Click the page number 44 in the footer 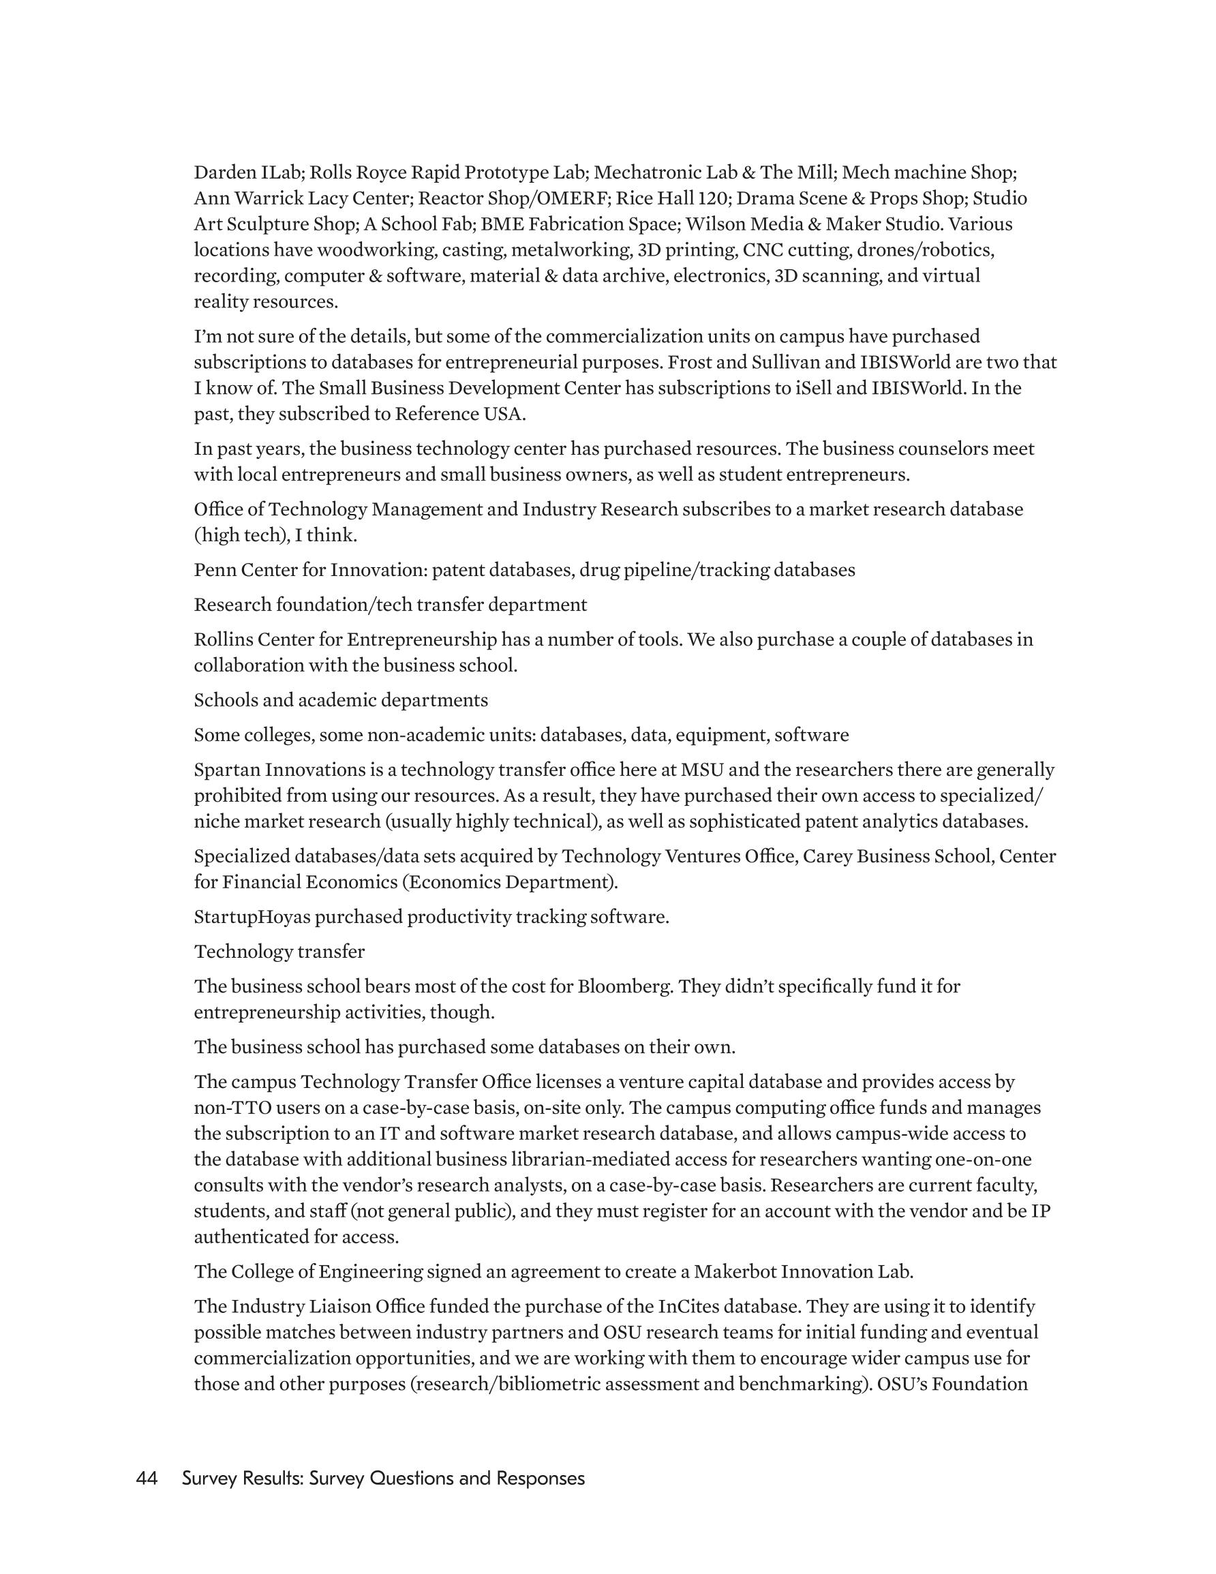tap(147, 1479)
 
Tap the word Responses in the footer tap(541, 1479)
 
